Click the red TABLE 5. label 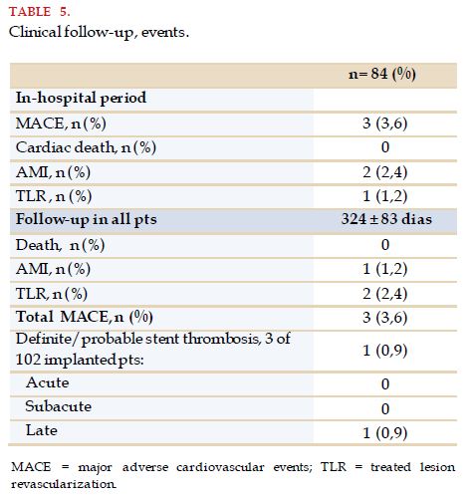(x=40, y=12)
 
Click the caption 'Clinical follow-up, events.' (x=99, y=33)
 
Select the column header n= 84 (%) (x=382, y=74)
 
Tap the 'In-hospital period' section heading (x=81, y=99)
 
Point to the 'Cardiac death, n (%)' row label (x=86, y=147)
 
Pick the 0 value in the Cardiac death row (x=385, y=147)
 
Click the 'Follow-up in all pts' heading (x=87, y=220)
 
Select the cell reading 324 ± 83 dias (x=386, y=219)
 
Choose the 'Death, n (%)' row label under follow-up (x=61, y=245)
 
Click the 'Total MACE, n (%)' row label (x=85, y=317)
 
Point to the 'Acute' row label (x=48, y=382)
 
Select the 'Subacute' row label (x=59, y=406)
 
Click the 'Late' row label (x=42, y=430)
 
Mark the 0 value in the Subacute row (x=385, y=408)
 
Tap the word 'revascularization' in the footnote (x=64, y=484)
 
